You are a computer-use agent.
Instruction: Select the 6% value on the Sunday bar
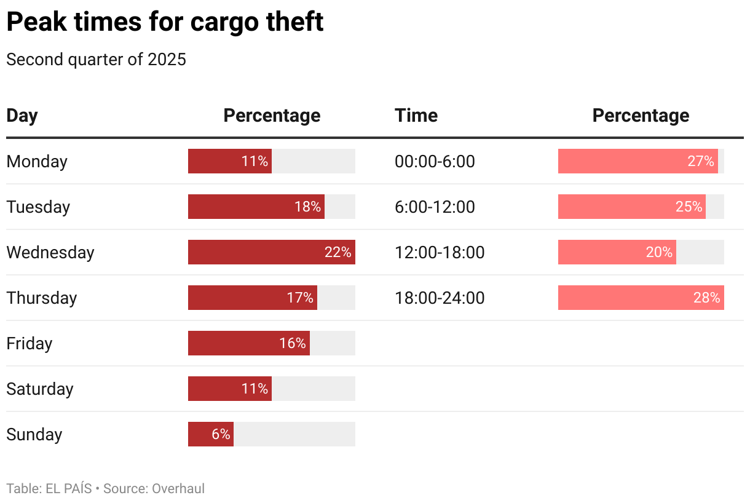click(x=221, y=434)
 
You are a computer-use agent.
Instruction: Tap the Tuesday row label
click(x=38, y=207)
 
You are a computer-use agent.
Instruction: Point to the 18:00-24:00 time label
click(x=440, y=298)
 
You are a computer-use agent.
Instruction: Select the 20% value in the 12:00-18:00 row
click(x=659, y=252)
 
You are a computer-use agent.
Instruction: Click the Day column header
click(x=22, y=116)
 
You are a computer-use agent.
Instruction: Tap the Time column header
click(x=416, y=116)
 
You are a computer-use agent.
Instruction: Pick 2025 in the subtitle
click(x=167, y=60)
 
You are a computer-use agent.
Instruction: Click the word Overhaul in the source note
click(x=178, y=489)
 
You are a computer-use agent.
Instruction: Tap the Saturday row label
click(x=40, y=389)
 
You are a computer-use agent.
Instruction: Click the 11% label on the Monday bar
click(x=255, y=161)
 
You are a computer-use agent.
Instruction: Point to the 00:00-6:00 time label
click(x=435, y=162)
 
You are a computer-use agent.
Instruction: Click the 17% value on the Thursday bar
click(x=300, y=298)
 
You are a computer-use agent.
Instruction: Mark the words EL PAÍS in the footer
click(x=69, y=489)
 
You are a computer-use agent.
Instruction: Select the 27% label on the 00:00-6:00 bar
click(x=701, y=161)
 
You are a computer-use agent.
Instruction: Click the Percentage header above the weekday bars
click(x=272, y=116)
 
